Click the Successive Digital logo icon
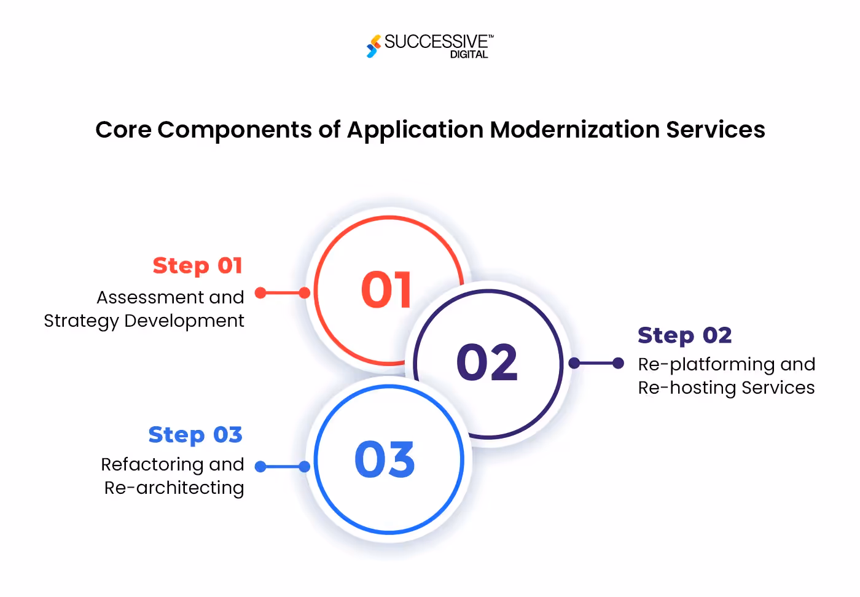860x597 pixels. [373, 46]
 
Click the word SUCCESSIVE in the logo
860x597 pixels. [436, 42]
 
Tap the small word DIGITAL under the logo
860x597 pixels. [469, 55]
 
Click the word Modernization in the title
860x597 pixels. [574, 130]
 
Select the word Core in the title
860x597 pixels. [123, 130]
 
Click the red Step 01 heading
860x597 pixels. [198, 266]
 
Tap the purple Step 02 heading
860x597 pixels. [684, 335]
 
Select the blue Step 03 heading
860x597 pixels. [195, 435]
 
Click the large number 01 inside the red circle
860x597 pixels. [386, 289]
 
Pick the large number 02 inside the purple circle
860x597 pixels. [487, 362]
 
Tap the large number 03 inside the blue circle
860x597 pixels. [385, 459]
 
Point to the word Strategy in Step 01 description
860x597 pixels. [81, 321]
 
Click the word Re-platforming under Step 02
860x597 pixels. [706, 365]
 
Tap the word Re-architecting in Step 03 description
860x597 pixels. [174, 488]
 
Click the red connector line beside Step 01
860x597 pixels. [283, 293]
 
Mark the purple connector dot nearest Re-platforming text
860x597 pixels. [618, 363]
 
